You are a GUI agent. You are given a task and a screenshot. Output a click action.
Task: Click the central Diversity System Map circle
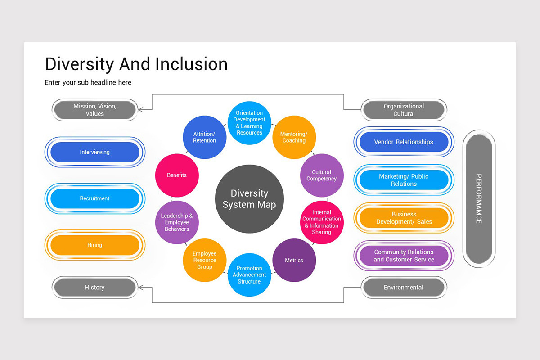coord(249,199)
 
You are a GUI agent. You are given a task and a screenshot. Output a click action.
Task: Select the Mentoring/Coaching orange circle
coord(294,137)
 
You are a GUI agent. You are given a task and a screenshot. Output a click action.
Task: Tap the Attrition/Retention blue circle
coord(204,137)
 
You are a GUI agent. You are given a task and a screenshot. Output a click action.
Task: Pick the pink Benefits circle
coord(177,175)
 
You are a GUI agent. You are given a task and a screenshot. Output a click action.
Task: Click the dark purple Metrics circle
coord(294,260)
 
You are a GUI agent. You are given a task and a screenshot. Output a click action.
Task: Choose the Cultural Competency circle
coord(322,175)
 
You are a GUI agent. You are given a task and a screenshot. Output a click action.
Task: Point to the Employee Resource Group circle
coord(204,260)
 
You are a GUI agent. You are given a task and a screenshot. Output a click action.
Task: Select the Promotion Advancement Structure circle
coord(249,275)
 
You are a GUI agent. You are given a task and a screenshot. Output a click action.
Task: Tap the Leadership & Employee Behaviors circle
coord(177,222)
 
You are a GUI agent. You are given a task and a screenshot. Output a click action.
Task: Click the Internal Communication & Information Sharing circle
coord(322,222)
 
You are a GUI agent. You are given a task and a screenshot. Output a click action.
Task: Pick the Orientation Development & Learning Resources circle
coord(249,123)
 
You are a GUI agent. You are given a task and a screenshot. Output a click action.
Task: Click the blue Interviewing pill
coord(94,152)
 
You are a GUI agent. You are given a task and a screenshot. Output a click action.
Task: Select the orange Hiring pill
coord(94,245)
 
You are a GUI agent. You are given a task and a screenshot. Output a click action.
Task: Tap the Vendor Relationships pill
coord(404,142)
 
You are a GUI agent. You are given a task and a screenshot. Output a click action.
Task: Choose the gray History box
coord(94,288)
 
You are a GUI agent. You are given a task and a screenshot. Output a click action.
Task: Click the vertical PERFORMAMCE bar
coord(479,199)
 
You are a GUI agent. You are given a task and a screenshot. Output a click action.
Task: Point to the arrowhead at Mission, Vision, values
coord(140,109)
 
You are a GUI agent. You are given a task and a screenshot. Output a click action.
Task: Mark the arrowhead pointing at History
coord(140,287)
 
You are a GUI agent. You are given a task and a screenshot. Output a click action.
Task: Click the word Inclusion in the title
coord(191,64)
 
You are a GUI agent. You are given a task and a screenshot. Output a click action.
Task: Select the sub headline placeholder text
coord(88,83)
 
